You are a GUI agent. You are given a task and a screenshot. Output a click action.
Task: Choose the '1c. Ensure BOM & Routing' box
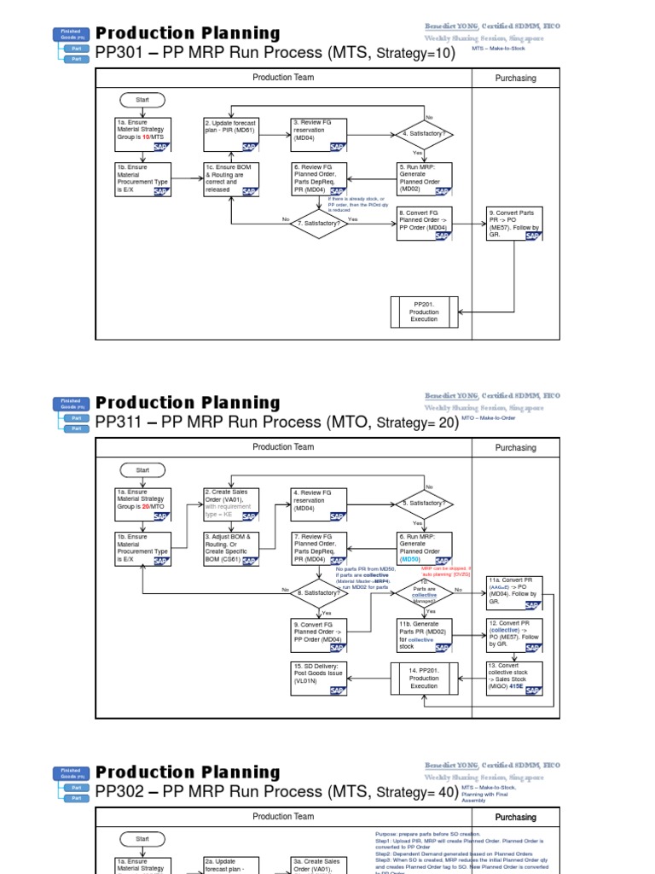[x=231, y=179]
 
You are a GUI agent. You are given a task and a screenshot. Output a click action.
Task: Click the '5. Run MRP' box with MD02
[x=425, y=179]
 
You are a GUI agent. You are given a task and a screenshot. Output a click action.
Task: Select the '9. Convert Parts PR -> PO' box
[x=514, y=224]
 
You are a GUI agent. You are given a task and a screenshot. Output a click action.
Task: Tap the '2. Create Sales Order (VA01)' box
[x=231, y=504]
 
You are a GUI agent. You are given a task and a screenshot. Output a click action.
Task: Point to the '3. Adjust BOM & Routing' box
[x=231, y=549]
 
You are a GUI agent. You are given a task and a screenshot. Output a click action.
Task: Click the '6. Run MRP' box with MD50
[x=425, y=549]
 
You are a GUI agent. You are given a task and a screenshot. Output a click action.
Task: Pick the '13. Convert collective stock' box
[x=514, y=678]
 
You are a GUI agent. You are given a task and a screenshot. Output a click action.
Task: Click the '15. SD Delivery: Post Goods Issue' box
[x=318, y=678]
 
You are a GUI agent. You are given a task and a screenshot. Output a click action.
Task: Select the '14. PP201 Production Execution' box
[x=424, y=678]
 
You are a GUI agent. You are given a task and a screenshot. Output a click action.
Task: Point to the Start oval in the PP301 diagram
[x=142, y=100]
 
